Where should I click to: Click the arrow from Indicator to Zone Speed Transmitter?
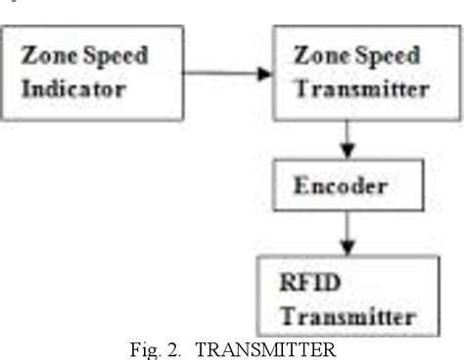(x=227, y=72)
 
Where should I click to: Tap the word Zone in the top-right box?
(x=316, y=56)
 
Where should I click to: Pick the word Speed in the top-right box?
(x=381, y=56)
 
